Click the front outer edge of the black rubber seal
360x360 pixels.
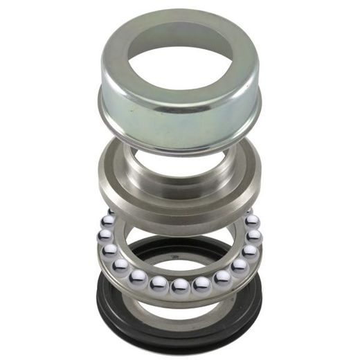click(179, 342)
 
